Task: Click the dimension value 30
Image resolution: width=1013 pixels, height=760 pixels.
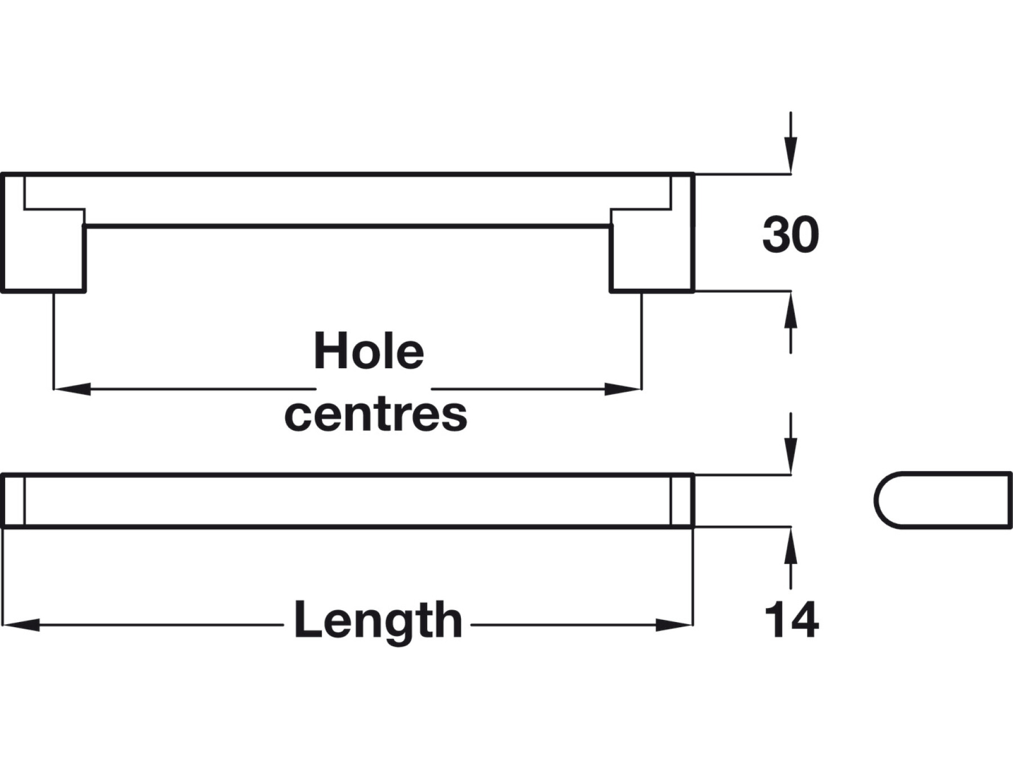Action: (x=790, y=235)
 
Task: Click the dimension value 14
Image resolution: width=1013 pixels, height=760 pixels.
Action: (x=791, y=620)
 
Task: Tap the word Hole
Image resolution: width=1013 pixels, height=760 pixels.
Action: (x=369, y=352)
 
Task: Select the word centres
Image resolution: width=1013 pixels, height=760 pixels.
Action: (x=375, y=415)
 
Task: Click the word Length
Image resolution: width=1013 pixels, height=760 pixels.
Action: (x=378, y=620)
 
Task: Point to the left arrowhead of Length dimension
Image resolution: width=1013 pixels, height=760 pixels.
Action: (x=21, y=625)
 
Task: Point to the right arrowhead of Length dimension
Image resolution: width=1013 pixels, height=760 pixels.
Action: (x=674, y=625)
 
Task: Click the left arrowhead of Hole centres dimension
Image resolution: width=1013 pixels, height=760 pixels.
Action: (x=72, y=389)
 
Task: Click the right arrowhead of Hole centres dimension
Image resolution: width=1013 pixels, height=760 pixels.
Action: (x=623, y=389)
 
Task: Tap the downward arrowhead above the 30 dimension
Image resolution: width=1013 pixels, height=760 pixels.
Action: (x=791, y=155)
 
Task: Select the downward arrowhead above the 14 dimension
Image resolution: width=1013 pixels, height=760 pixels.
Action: (x=791, y=456)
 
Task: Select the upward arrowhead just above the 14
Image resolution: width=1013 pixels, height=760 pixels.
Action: (x=791, y=546)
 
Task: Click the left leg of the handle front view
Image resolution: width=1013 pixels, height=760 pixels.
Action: (x=44, y=251)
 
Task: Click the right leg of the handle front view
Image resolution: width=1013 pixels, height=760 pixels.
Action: (x=652, y=251)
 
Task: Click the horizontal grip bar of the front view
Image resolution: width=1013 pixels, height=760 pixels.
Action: (x=347, y=200)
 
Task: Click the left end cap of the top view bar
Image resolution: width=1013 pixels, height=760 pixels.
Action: (x=14, y=500)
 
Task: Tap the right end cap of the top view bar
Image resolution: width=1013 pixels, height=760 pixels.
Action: (x=682, y=500)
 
